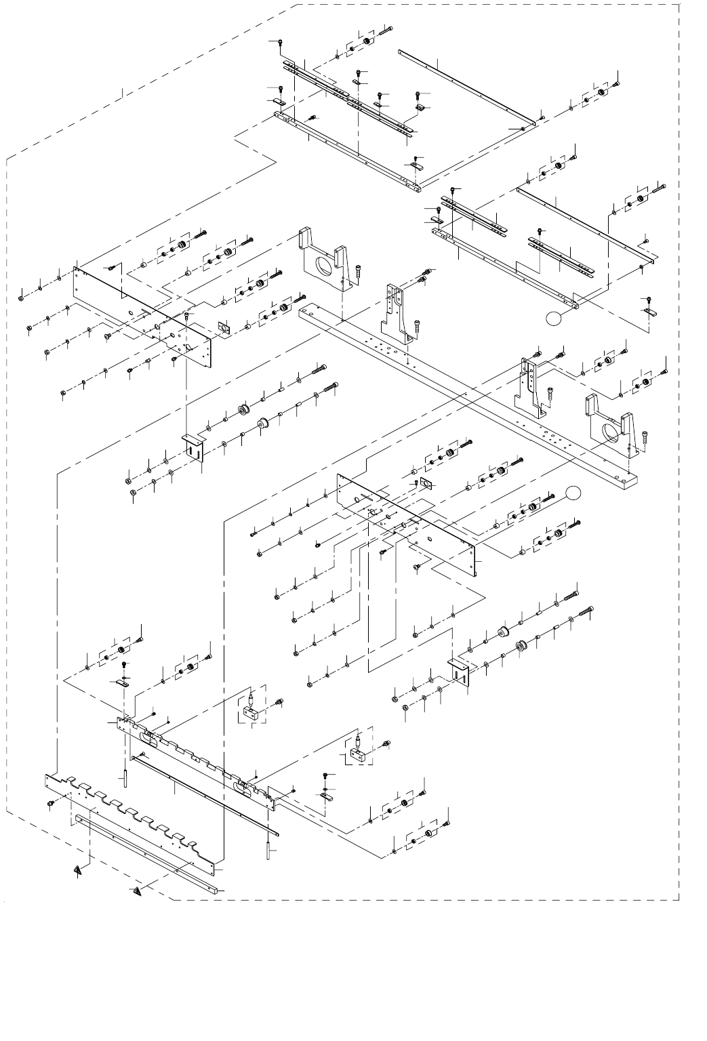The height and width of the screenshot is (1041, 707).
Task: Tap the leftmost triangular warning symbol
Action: pos(81,869)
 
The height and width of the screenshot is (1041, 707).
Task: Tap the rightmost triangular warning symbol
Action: pos(138,891)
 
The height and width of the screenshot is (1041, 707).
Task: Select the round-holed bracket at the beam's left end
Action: pos(324,261)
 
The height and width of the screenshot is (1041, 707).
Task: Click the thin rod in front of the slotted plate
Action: pos(203,793)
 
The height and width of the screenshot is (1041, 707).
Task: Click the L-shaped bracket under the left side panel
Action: pos(195,447)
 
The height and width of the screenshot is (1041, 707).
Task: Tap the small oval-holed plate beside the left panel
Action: pos(222,327)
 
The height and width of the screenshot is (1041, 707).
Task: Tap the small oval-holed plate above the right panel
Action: pos(426,483)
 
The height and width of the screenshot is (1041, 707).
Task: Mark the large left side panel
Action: pos(142,312)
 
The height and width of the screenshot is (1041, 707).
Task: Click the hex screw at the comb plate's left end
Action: pos(51,802)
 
